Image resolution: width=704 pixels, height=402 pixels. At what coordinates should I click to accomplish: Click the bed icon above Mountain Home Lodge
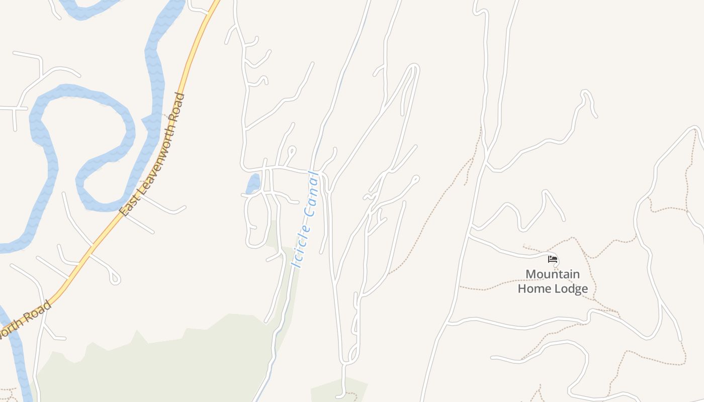[x=553, y=259]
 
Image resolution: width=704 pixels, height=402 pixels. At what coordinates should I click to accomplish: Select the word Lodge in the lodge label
[x=571, y=289]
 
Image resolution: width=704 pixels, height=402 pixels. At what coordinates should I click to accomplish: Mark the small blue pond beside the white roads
[x=253, y=183]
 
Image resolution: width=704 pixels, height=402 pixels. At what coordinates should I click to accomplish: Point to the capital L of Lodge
[x=557, y=289]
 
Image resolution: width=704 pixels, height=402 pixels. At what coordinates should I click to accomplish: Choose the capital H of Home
[x=523, y=289]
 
